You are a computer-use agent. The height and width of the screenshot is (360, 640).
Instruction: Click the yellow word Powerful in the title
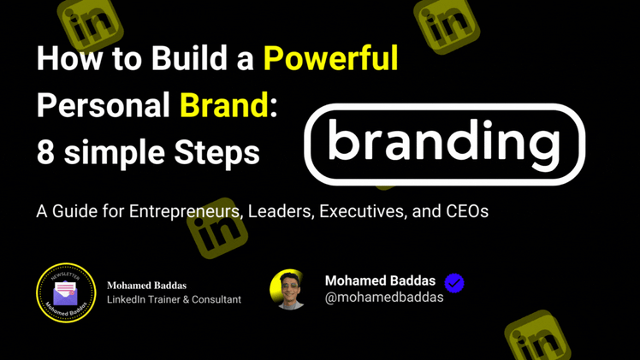[x=330, y=58]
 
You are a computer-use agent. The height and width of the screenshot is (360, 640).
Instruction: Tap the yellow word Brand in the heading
[x=224, y=105]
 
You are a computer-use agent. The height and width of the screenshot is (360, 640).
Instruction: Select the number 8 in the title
[x=45, y=152]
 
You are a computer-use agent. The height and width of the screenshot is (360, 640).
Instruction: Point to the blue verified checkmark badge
[x=454, y=282]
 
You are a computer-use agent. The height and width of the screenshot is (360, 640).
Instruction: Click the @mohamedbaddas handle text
[x=384, y=298]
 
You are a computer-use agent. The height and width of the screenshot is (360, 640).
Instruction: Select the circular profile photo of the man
[x=289, y=290]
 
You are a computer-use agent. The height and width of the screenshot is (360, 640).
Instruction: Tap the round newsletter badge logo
[x=66, y=292]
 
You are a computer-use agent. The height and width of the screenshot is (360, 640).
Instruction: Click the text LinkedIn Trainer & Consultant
[x=174, y=300]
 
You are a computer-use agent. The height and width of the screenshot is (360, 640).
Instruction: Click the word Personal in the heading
[x=104, y=105]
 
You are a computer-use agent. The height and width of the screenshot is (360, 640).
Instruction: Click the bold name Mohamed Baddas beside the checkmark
[x=380, y=280]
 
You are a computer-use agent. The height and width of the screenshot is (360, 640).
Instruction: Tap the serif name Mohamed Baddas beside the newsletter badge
[x=146, y=286]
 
